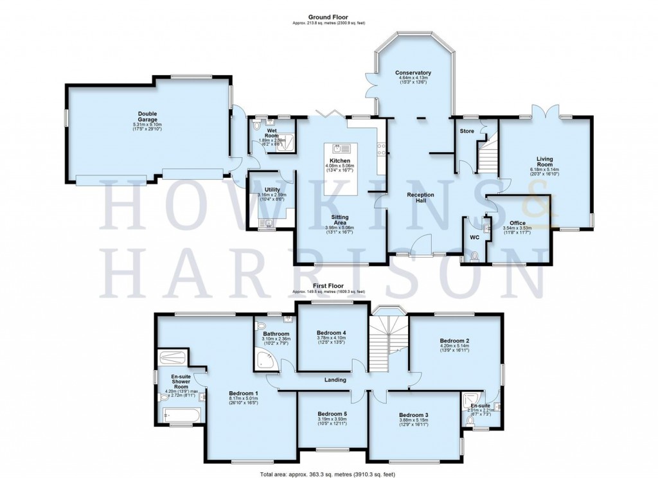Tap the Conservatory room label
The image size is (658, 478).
413,73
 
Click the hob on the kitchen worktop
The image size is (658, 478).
382,150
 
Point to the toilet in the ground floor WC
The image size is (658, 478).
474,256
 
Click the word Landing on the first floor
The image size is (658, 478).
335,380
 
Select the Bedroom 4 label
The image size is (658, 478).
332,332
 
